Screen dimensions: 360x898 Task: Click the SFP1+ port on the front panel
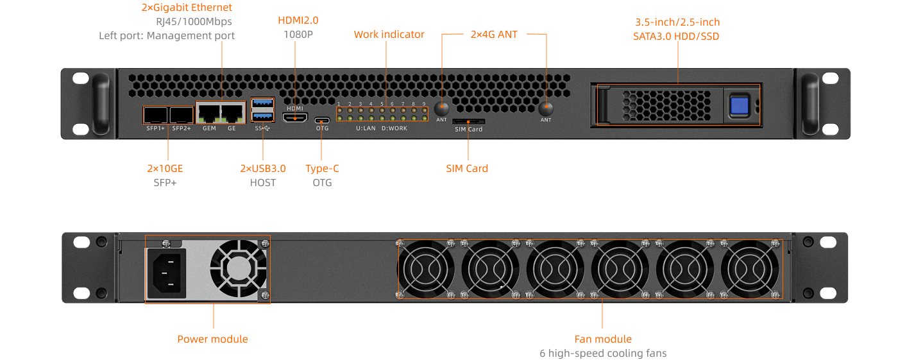coord(155,116)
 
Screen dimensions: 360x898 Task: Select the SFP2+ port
coord(182,116)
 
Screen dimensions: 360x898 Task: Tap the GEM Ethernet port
coord(209,114)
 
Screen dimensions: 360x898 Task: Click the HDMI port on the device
coord(295,117)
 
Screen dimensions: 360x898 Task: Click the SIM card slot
coord(468,121)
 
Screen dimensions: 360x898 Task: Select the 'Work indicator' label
coord(389,35)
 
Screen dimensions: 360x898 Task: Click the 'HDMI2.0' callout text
coord(298,21)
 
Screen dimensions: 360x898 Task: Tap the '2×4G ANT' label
coord(494,35)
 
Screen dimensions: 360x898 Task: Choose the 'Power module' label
coord(212,339)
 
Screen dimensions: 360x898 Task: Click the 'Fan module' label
coord(603,339)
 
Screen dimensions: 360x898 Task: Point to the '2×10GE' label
coord(165,169)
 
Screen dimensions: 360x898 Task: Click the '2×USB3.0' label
coord(263,169)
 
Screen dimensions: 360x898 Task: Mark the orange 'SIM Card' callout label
coord(467,169)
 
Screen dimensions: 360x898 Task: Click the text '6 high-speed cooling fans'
coord(603,353)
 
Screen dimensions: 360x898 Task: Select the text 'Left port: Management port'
coord(167,35)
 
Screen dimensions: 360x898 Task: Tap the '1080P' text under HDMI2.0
coord(298,34)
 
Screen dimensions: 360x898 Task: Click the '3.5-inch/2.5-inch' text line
coord(677,22)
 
